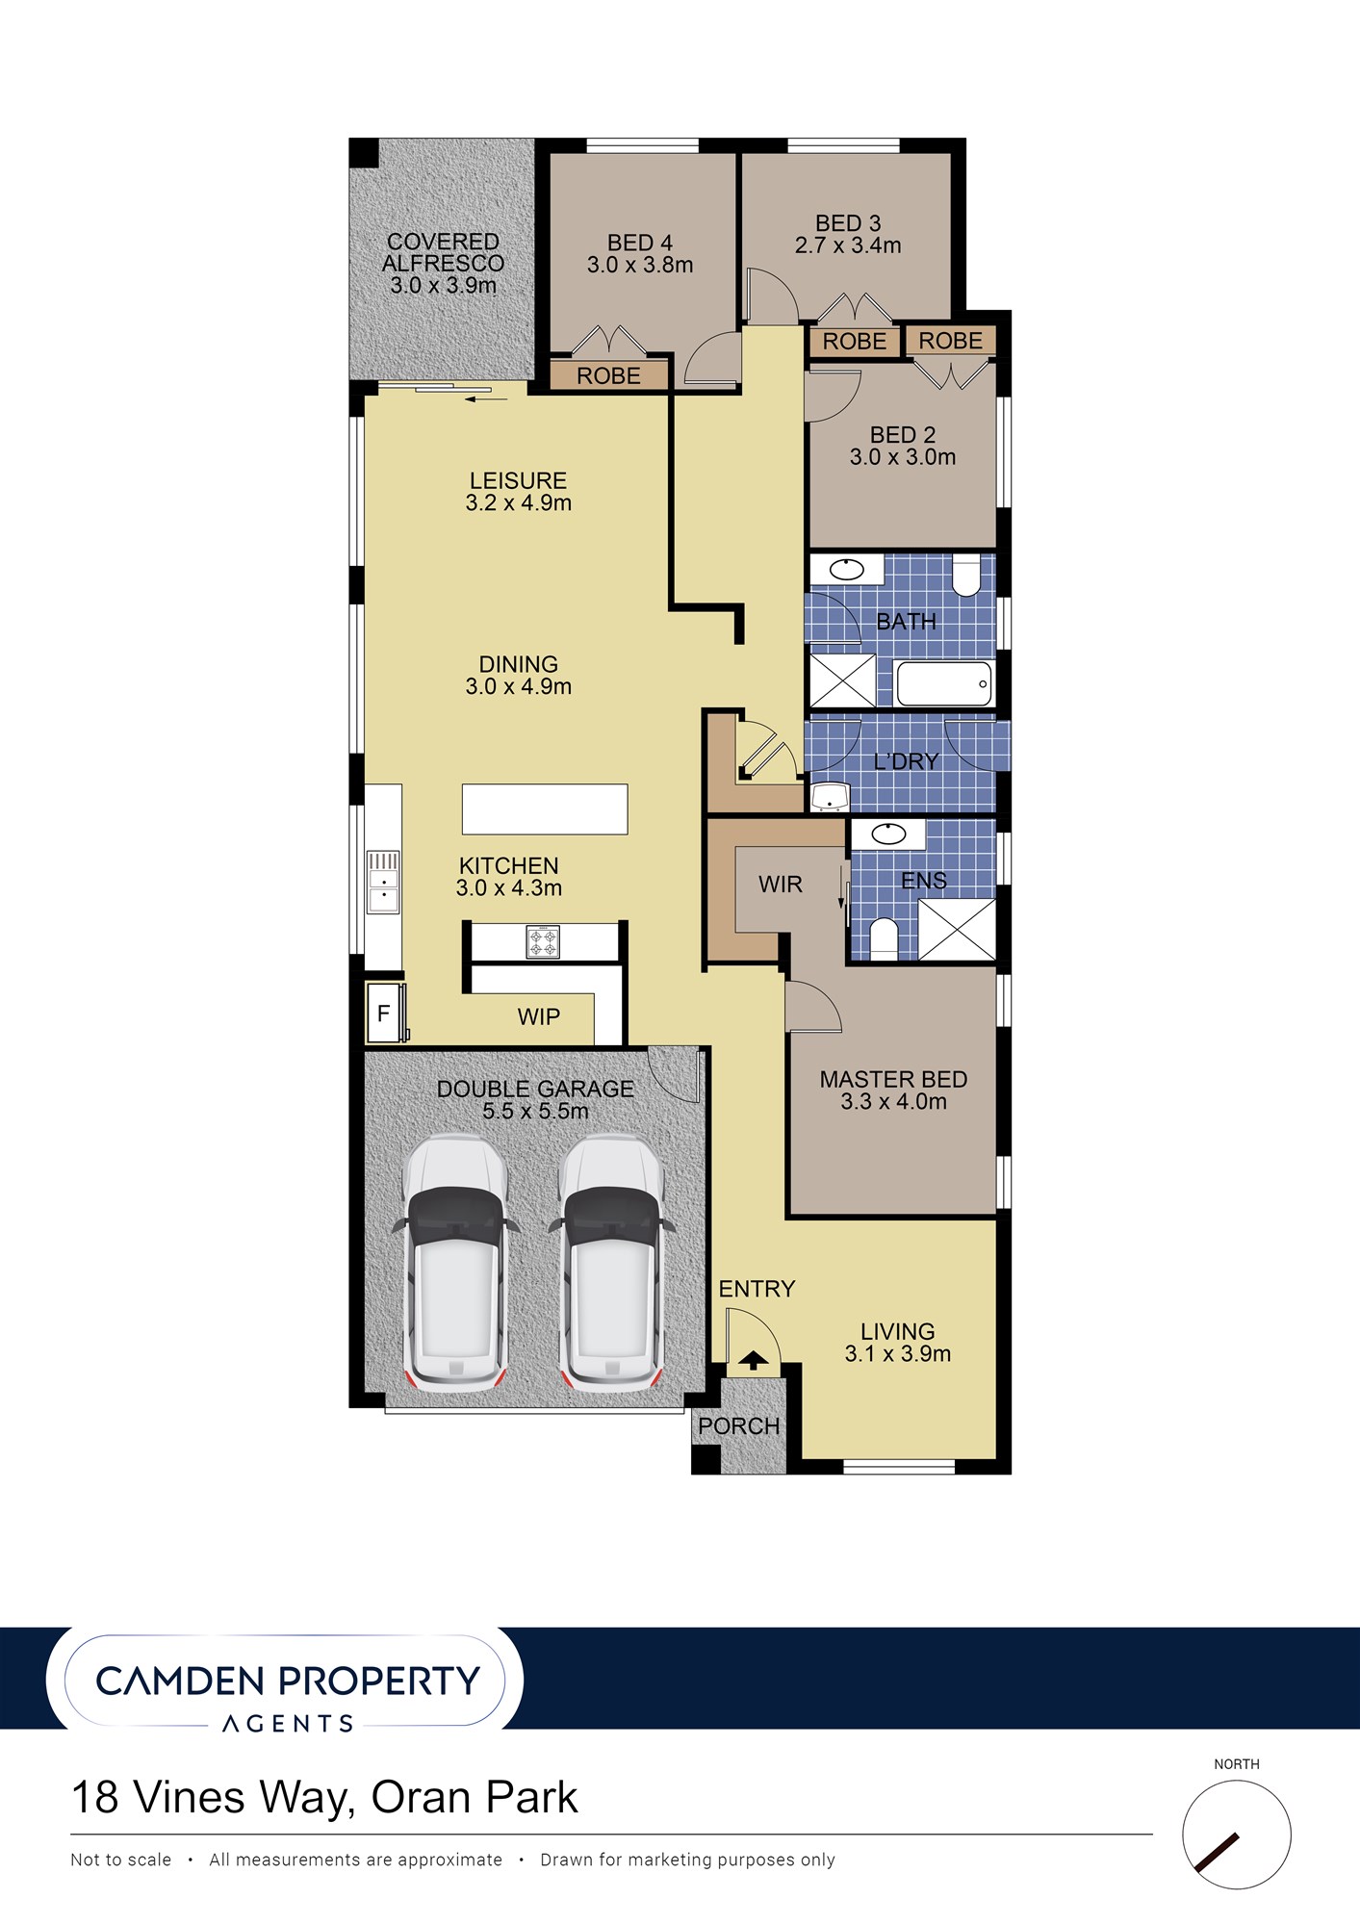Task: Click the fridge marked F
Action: tap(384, 1013)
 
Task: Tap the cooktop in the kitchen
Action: tap(543, 941)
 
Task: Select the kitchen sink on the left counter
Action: tap(384, 881)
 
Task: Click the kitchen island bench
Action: tap(545, 808)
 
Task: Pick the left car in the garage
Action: tap(455, 1263)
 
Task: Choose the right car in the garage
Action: tap(612, 1263)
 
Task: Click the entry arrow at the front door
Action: tap(753, 1360)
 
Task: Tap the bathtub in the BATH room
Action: tap(943, 683)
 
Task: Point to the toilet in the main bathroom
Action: tap(966, 575)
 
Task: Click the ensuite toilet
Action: tap(884, 939)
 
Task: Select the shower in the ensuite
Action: tap(957, 930)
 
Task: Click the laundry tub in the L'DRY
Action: tap(829, 797)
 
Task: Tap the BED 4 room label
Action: tap(640, 244)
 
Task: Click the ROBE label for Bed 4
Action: tap(608, 376)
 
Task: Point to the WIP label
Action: tap(539, 1017)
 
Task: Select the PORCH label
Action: tap(739, 1426)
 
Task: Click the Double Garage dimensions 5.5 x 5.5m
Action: tap(535, 1111)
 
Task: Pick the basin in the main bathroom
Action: tap(847, 569)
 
